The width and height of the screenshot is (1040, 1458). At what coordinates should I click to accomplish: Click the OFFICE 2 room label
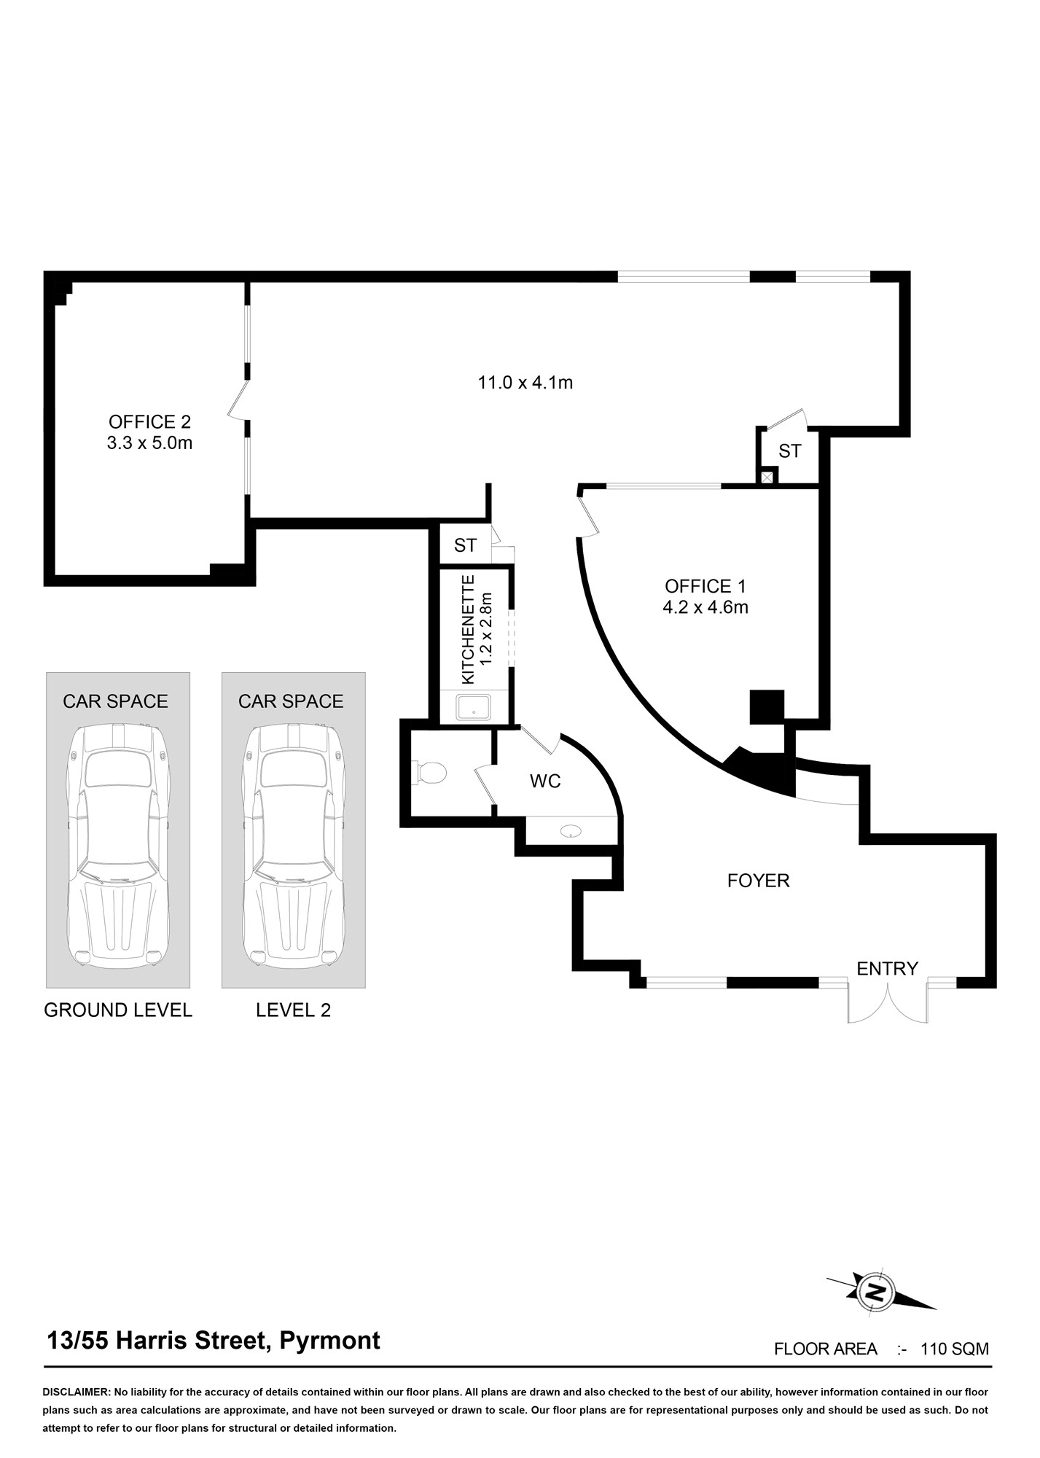(149, 421)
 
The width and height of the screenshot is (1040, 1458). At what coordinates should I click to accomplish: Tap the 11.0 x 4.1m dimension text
(525, 382)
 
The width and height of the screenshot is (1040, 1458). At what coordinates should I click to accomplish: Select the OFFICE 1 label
(705, 586)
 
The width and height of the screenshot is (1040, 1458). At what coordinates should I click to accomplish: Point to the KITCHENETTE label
(469, 629)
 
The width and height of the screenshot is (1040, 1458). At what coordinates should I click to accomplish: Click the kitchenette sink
(473, 707)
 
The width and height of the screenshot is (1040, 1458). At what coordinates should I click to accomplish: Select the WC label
(545, 781)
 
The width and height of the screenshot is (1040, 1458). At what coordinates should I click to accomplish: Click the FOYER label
(759, 881)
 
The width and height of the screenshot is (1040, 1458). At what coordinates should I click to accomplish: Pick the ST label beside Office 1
(790, 451)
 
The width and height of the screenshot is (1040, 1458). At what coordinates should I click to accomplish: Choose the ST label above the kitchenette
(465, 545)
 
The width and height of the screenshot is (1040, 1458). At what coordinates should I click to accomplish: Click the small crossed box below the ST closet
(767, 477)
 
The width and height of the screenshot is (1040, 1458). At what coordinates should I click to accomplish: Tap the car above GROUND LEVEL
(118, 846)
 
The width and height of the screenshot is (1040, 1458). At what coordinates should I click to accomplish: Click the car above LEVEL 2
(294, 846)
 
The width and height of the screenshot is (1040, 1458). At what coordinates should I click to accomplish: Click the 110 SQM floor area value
(955, 1349)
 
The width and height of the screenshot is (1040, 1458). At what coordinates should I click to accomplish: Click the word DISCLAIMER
(75, 1392)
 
